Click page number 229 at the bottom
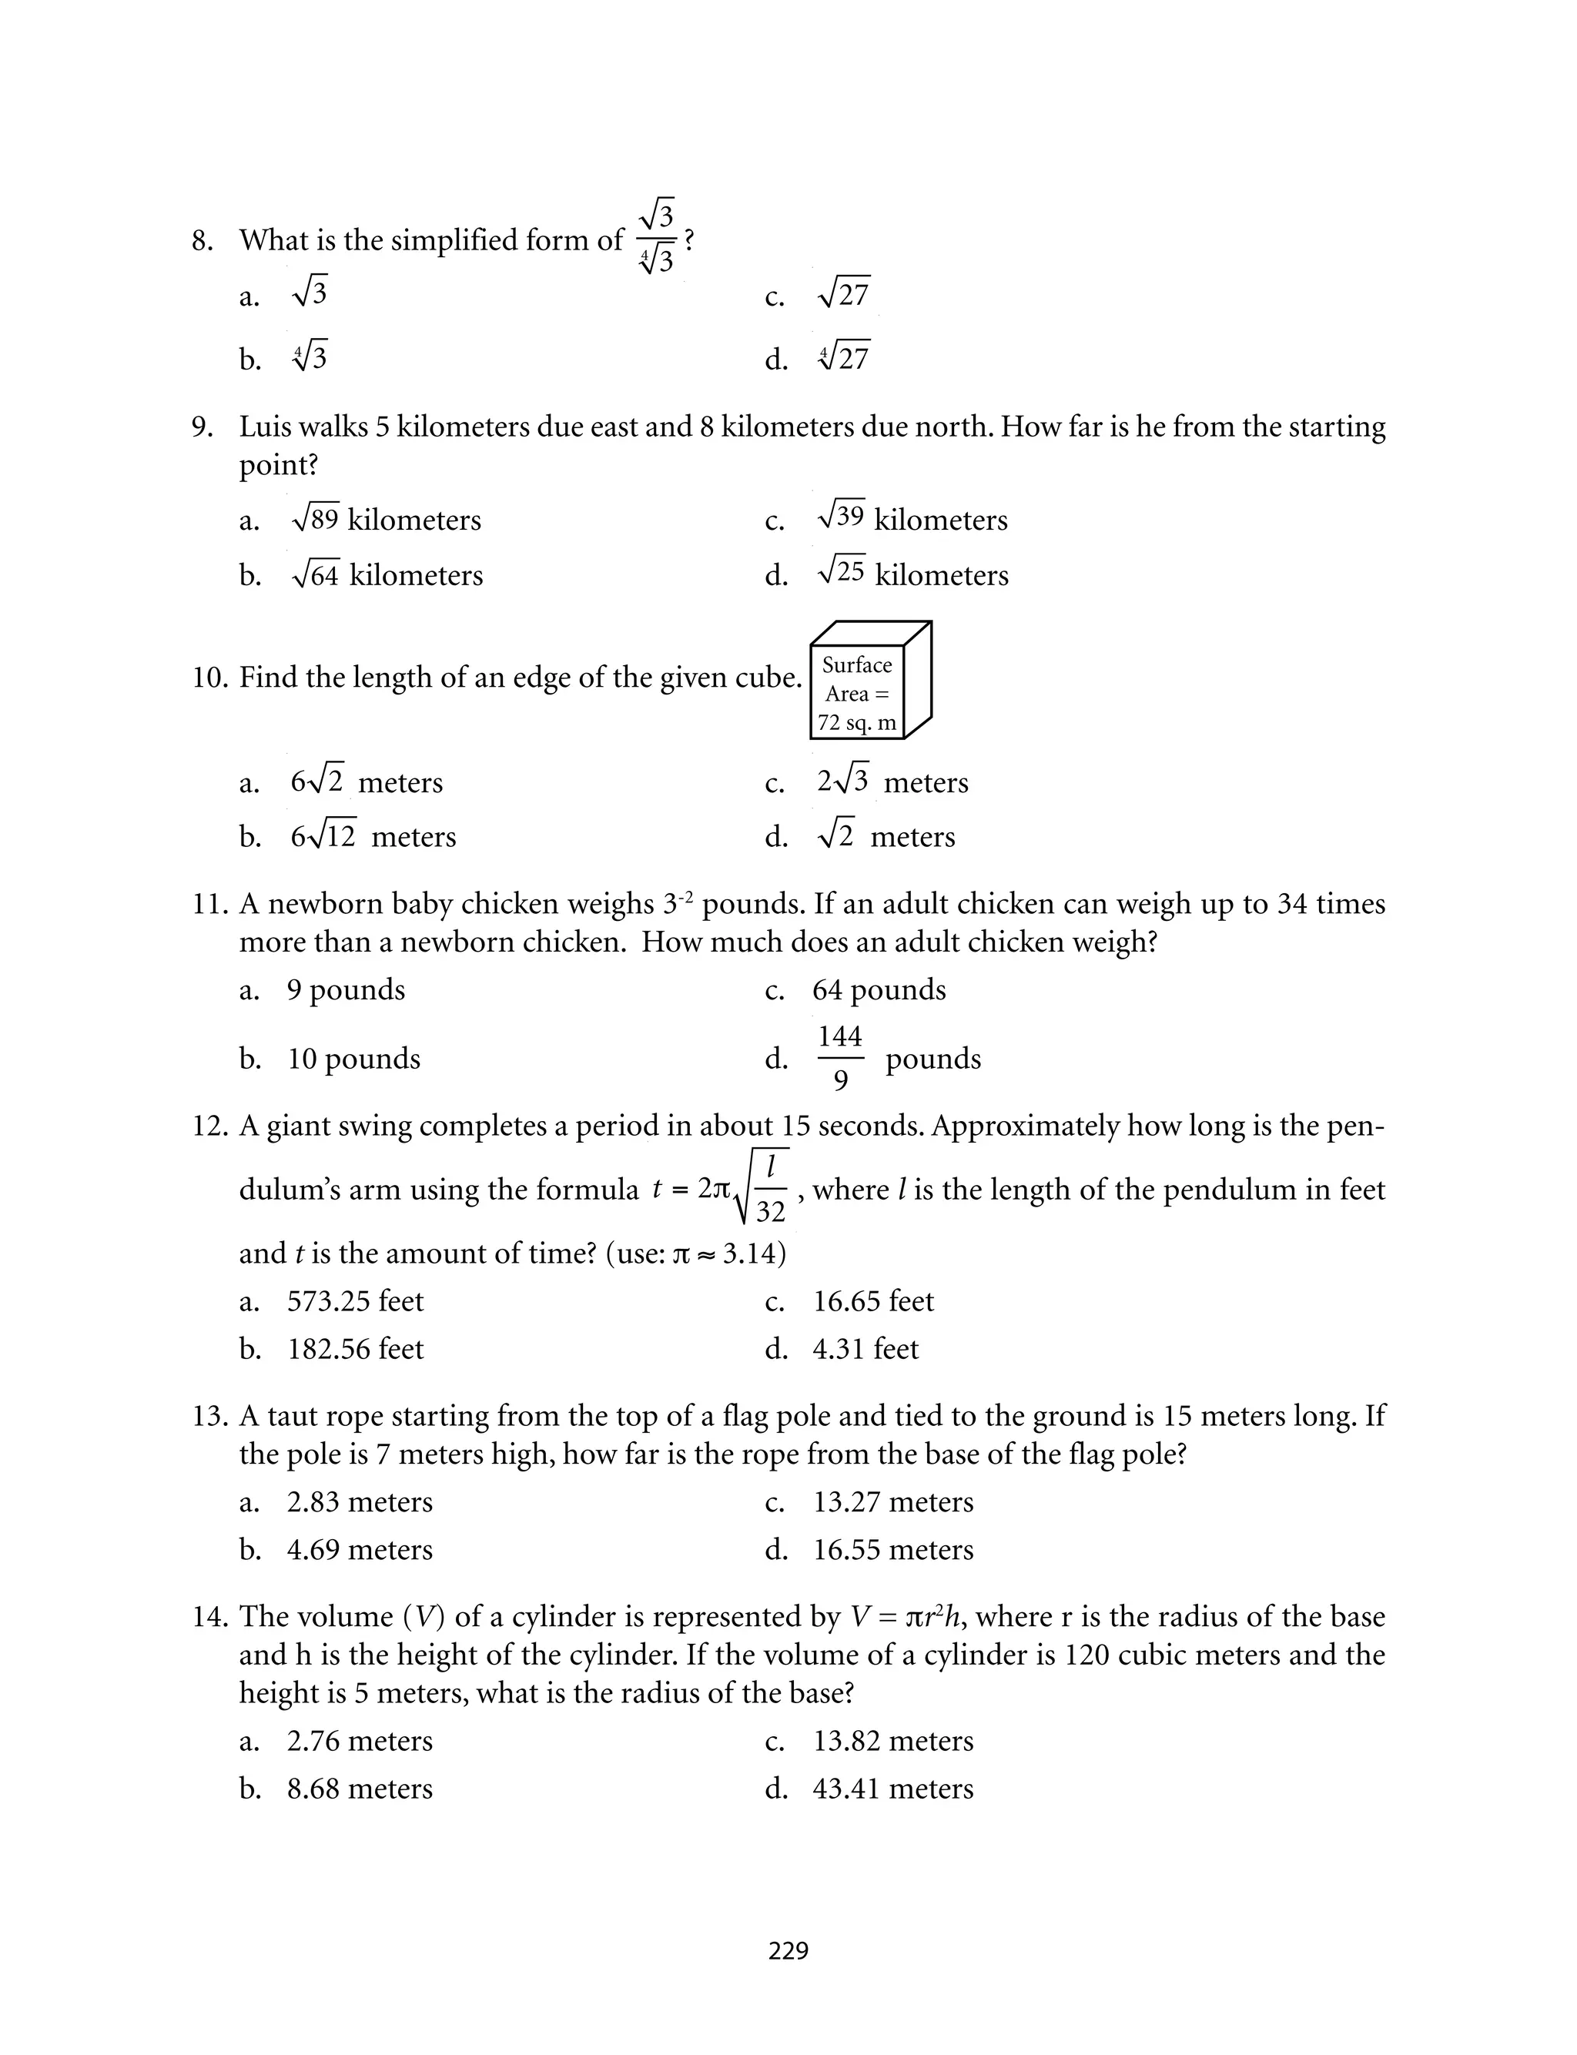788,1951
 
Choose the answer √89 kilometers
386,519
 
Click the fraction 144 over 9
839,1059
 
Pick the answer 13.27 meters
892,1502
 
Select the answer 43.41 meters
892,1789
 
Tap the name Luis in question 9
264,427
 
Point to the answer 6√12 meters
373,836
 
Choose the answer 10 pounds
353,1059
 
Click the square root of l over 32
760,1188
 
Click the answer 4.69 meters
360,1549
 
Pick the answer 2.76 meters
360,1741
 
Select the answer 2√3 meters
891,782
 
